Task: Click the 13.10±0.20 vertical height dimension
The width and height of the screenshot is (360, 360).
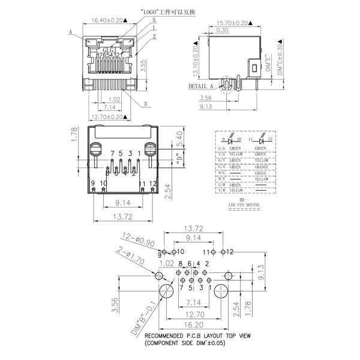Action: tap(195, 58)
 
